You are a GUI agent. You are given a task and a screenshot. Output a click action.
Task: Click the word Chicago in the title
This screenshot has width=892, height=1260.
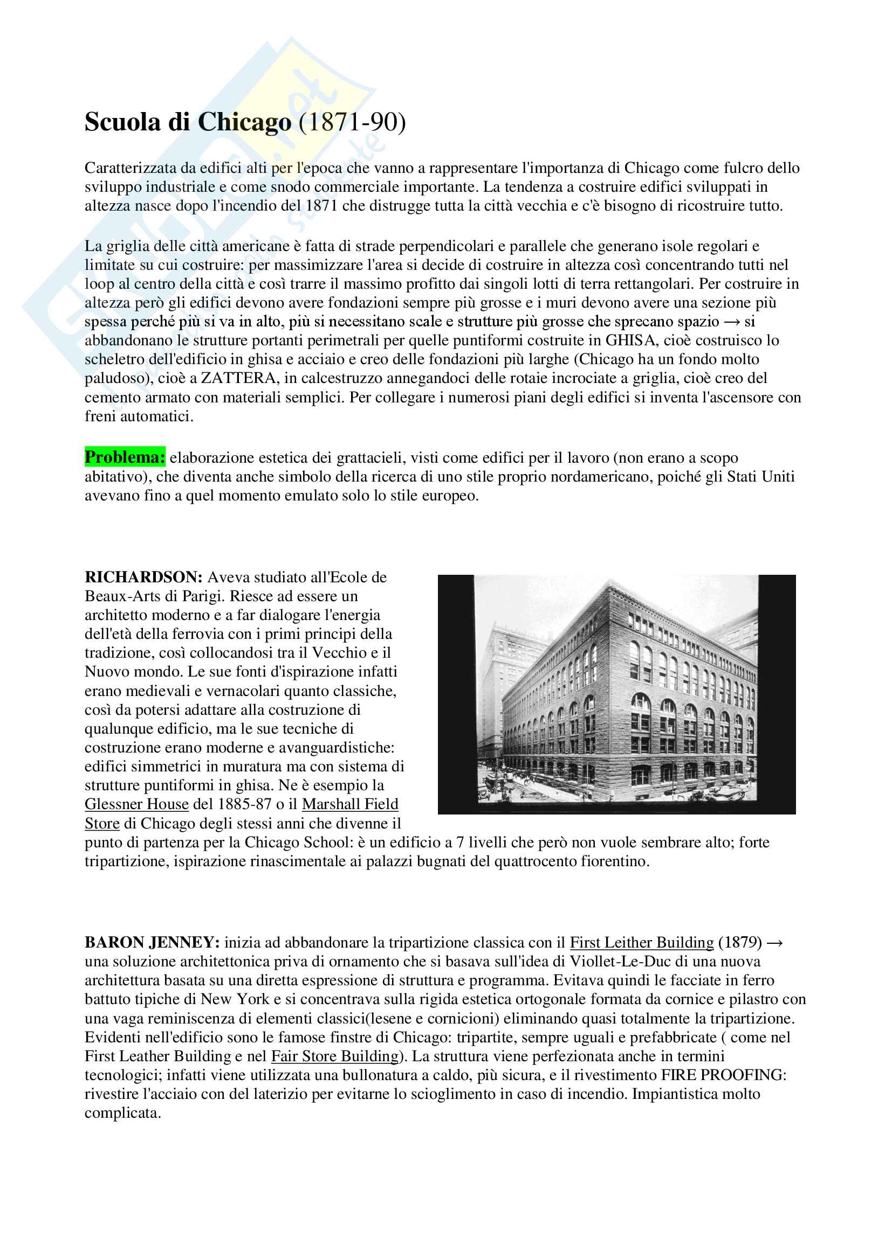[244, 122]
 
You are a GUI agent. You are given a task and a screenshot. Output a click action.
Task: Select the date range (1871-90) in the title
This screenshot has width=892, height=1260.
[352, 122]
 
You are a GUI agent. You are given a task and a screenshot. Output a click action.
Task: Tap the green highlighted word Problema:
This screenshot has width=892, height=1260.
[125, 457]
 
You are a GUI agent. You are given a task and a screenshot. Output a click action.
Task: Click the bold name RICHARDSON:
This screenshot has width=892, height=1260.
[144, 577]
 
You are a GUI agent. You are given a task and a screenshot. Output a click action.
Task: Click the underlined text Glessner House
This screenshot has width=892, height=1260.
[137, 804]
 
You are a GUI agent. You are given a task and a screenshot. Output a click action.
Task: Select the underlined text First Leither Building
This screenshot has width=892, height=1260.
[642, 942]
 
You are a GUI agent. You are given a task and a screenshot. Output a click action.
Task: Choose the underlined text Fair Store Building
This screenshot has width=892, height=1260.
[335, 1056]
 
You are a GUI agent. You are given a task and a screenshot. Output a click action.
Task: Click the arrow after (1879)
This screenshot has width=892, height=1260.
[775, 942]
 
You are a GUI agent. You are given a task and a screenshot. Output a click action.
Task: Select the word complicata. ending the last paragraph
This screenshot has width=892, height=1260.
[122, 1113]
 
